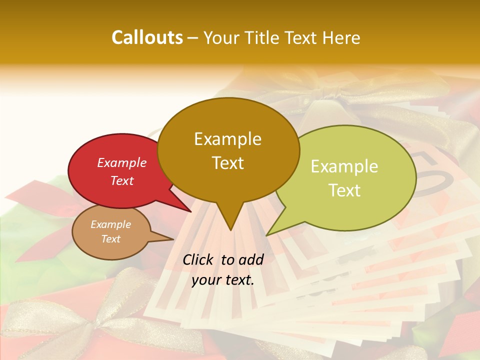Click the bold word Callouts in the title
click(x=147, y=37)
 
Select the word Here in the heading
click(x=341, y=37)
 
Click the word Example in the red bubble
click(x=122, y=162)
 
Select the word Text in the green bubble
click(x=345, y=190)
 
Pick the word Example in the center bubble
click(x=228, y=138)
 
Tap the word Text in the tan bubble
click(x=111, y=239)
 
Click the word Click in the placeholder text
click(x=199, y=259)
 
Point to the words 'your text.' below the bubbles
click(x=223, y=280)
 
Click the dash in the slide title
click(x=193, y=38)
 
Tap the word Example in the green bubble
click(x=344, y=166)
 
